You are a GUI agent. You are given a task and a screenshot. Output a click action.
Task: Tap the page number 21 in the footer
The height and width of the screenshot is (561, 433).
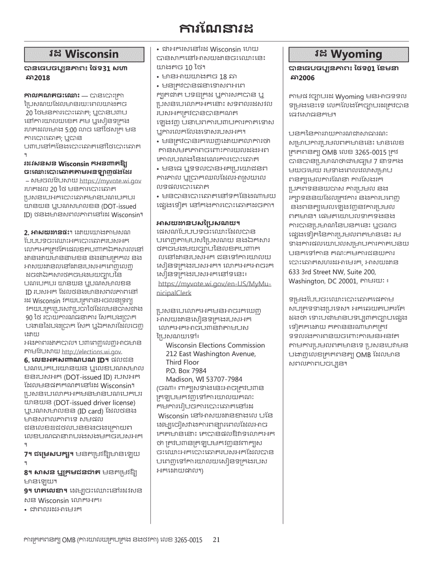216,540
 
